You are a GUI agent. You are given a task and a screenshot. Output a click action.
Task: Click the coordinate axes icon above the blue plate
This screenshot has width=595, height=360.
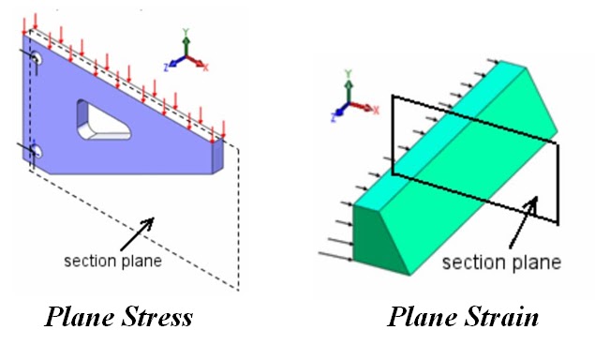pyautogui.click(x=186, y=53)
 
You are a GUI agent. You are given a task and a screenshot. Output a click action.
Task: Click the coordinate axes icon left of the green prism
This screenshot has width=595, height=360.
pyautogui.click(x=348, y=97)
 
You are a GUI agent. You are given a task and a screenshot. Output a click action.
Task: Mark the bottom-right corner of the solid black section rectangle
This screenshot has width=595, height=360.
pyautogui.click(x=558, y=223)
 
